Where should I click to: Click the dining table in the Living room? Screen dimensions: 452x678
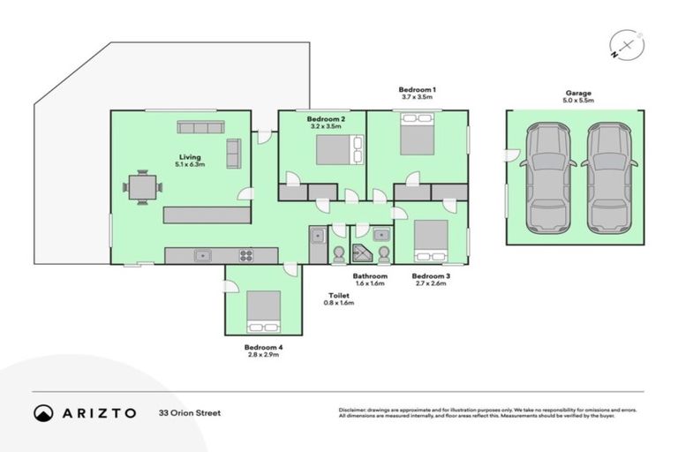142,187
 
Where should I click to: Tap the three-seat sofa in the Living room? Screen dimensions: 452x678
200,127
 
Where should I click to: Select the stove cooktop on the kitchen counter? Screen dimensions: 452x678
245,256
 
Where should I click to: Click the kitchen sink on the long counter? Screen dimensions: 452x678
202,256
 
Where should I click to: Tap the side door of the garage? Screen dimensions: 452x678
509,157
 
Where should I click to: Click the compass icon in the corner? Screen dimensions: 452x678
626,46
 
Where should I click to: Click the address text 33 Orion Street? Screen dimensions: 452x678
189,412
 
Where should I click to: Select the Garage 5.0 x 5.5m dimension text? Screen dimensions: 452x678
579,102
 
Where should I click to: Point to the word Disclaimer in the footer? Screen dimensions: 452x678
354,410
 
